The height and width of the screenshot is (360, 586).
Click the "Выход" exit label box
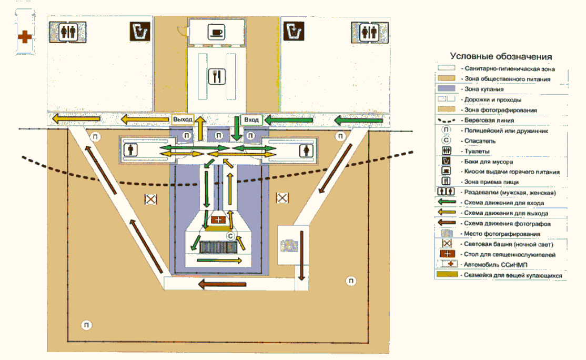[183, 120]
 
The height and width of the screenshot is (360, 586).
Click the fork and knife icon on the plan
[216, 77]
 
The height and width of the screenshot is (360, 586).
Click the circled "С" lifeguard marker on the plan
[230, 236]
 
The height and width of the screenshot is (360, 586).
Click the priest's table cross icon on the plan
[217, 218]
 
